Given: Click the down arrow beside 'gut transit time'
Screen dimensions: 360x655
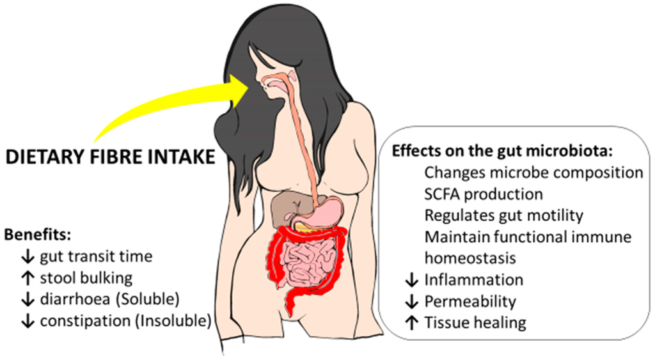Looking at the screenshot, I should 28,257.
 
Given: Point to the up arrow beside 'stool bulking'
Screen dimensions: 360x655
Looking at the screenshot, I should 28,278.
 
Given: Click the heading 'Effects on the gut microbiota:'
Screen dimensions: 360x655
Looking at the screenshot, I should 503,152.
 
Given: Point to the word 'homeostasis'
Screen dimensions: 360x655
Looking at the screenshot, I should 470,258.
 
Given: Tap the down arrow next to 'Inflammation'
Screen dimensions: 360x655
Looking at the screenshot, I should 412,280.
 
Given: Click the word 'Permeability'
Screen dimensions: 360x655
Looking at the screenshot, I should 470,301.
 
